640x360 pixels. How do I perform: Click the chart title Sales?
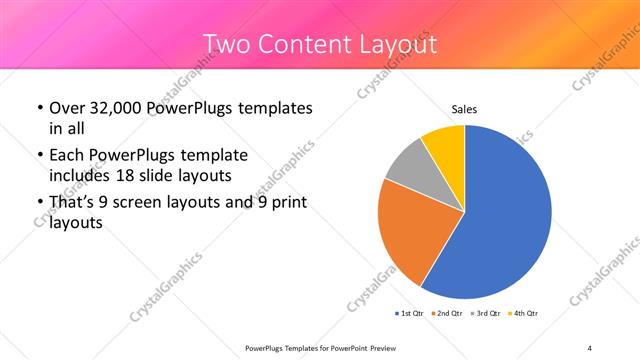(x=464, y=108)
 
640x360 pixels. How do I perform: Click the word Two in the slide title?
(x=229, y=45)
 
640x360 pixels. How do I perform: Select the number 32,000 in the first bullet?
(x=116, y=108)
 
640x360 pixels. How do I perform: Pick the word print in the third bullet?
(x=289, y=203)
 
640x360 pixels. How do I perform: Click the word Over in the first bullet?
(x=68, y=108)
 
